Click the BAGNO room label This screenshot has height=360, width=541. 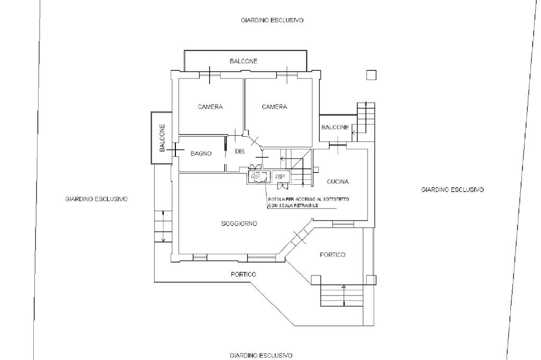click(201, 154)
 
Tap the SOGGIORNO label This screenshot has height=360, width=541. click(239, 224)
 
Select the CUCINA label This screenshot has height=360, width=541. click(338, 182)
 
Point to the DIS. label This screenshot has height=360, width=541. click(240, 151)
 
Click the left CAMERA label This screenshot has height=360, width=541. click(210, 107)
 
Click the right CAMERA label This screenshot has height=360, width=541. click(274, 107)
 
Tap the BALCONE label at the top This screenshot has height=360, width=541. click(244, 61)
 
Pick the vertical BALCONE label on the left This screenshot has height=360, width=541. click(162, 138)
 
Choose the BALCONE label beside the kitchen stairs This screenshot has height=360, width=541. click(335, 127)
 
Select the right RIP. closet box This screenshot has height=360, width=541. click(280, 177)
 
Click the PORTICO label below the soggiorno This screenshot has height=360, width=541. click(243, 274)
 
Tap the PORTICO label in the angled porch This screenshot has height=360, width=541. click(333, 255)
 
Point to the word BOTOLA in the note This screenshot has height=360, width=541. click(276, 199)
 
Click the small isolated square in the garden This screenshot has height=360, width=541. click(371, 75)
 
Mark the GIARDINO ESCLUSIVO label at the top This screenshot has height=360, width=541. click(272, 21)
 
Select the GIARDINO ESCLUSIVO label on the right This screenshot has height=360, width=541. click(453, 189)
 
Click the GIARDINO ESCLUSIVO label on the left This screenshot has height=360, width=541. click(96, 199)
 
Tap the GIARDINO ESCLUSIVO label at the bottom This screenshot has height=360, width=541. click(261, 355)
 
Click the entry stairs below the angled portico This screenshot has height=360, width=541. click(342, 296)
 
